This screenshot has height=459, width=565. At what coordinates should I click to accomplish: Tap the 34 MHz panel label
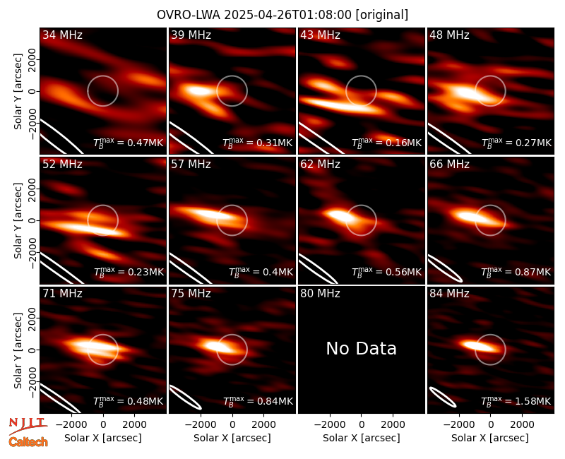pyautogui.click(x=62, y=35)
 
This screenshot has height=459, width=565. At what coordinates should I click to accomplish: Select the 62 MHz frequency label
pyautogui.click(x=320, y=165)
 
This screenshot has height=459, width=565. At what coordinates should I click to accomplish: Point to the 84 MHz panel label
pyautogui.click(x=449, y=294)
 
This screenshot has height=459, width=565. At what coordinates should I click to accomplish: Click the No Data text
pyautogui.click(x=361, y=348)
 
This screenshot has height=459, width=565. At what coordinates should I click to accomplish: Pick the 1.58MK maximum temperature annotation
pyautogui.click(x=516, y=400)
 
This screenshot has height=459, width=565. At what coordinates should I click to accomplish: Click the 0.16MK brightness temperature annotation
pyautogui.click(x=386, y=143)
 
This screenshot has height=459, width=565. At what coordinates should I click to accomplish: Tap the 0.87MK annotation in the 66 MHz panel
pyautogui.click(x=516, y=271)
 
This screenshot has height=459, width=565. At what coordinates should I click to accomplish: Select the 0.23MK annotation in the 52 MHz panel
pyautogui.click(x=129, y=271)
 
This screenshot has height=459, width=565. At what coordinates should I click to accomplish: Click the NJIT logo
pyautogui.click(x=28, y=426)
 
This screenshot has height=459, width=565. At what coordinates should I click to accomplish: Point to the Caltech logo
pyautogui.click(x=28, y=442)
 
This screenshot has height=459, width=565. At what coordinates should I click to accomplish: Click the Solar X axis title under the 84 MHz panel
pyautogui.click(x=490, y=438)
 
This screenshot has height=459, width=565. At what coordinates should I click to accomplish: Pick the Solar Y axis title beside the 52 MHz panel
pyautogui.click(x=18, y=220)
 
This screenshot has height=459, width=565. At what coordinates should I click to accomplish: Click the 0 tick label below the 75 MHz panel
pyautogui.click(x=232, y=425)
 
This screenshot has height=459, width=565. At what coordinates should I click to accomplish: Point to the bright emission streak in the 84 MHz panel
pyautogui.click(x=477, y=346)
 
